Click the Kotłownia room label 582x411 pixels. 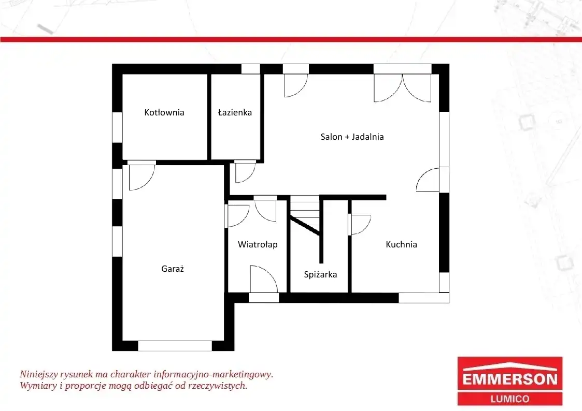(164, 112)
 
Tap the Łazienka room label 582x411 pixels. (235, 112)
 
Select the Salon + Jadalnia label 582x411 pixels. (352, 137)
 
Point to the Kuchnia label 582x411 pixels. (401, 244)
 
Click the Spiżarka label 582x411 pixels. (320, 275)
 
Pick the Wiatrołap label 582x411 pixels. (258, 245)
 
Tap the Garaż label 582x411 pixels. (173, 269)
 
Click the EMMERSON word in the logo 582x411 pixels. (510, 379)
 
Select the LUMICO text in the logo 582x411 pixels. (510, 399)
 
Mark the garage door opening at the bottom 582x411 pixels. (175, 346)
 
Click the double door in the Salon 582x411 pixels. (402, 88)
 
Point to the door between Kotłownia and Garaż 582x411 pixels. (141, 175)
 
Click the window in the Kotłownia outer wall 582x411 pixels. (117, 127)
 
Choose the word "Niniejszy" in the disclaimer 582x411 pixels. (38, 374)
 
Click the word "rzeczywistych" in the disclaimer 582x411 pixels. (218, 386)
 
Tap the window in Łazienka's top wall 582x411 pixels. (250, 69)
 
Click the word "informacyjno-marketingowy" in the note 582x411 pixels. (214, 374)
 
